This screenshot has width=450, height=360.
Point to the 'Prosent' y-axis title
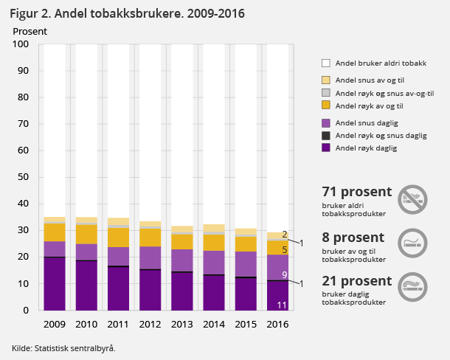30,32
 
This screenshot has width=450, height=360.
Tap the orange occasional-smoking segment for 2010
87,234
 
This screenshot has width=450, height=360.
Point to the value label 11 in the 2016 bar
281,305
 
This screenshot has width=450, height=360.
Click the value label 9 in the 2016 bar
284,274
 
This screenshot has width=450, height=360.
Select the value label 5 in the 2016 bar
284,250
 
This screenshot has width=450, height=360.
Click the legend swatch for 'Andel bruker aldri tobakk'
326,63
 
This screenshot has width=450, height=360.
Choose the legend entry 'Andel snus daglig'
366,122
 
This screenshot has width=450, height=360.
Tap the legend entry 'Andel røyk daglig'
366,148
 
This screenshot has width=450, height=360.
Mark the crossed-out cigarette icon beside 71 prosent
413,198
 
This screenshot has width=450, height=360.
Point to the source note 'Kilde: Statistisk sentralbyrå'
63,347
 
